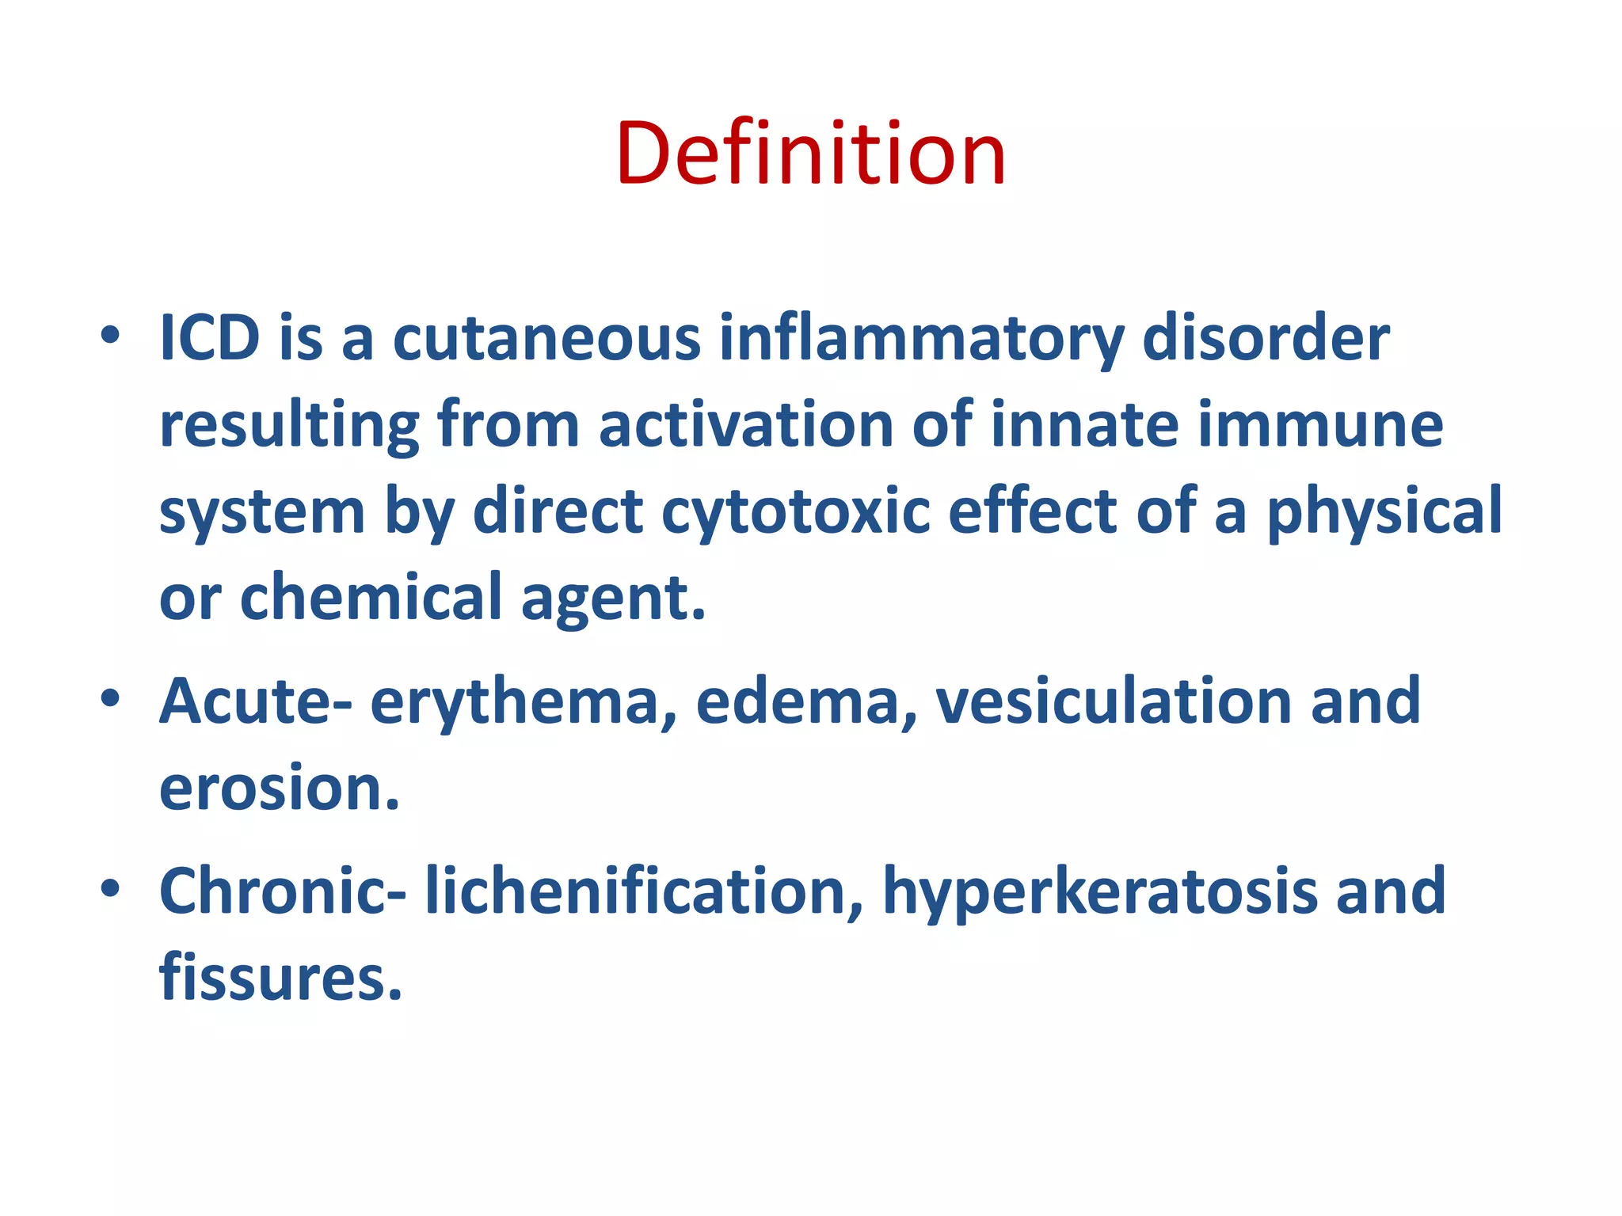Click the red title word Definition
(810, 154)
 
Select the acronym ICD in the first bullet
(209, 339)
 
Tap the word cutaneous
(546, 339)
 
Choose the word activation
(745, 425)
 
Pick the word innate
(1084, 425)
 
